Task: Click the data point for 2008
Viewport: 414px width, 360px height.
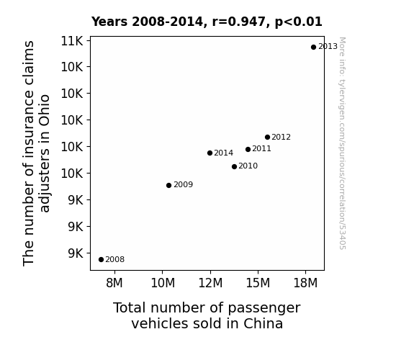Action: click(x=101, y=260)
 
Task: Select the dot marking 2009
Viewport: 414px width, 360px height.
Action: click(x=168, y=186)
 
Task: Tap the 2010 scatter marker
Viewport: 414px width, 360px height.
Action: click(x=234, y=166)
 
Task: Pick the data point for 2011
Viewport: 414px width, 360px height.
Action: click(x=248, y=150)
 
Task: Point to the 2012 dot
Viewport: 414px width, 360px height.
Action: click(x=267, y=137)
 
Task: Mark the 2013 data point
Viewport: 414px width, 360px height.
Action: click(x=313, y=48)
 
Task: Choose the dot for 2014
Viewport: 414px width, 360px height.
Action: click(x=210, y=153)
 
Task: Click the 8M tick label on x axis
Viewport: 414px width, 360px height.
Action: click(x=114, y=283)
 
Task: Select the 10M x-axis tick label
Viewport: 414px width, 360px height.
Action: click(x=163, y=283)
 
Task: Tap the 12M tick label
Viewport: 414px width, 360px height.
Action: click(x=210, y=283)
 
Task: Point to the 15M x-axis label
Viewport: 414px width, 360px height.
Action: click(x=258, y=283)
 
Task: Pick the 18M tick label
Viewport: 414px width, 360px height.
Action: click(x=305, y=283)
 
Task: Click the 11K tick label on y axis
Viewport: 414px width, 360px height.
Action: click(x=72, y=41)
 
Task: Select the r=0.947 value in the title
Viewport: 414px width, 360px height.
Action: click(x=239, y=22)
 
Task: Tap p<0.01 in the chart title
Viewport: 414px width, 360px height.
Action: click(x=298, y=22)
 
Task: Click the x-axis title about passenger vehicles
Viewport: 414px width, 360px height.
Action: click(x=207, y=315)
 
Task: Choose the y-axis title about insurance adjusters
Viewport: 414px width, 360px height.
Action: click(x=36, y=153)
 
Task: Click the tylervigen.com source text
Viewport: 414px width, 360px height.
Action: click(x=342, y=143)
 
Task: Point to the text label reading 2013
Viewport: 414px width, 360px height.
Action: click(x=328, y=47)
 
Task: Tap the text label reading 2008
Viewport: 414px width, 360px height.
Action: click(x=115, y=260)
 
